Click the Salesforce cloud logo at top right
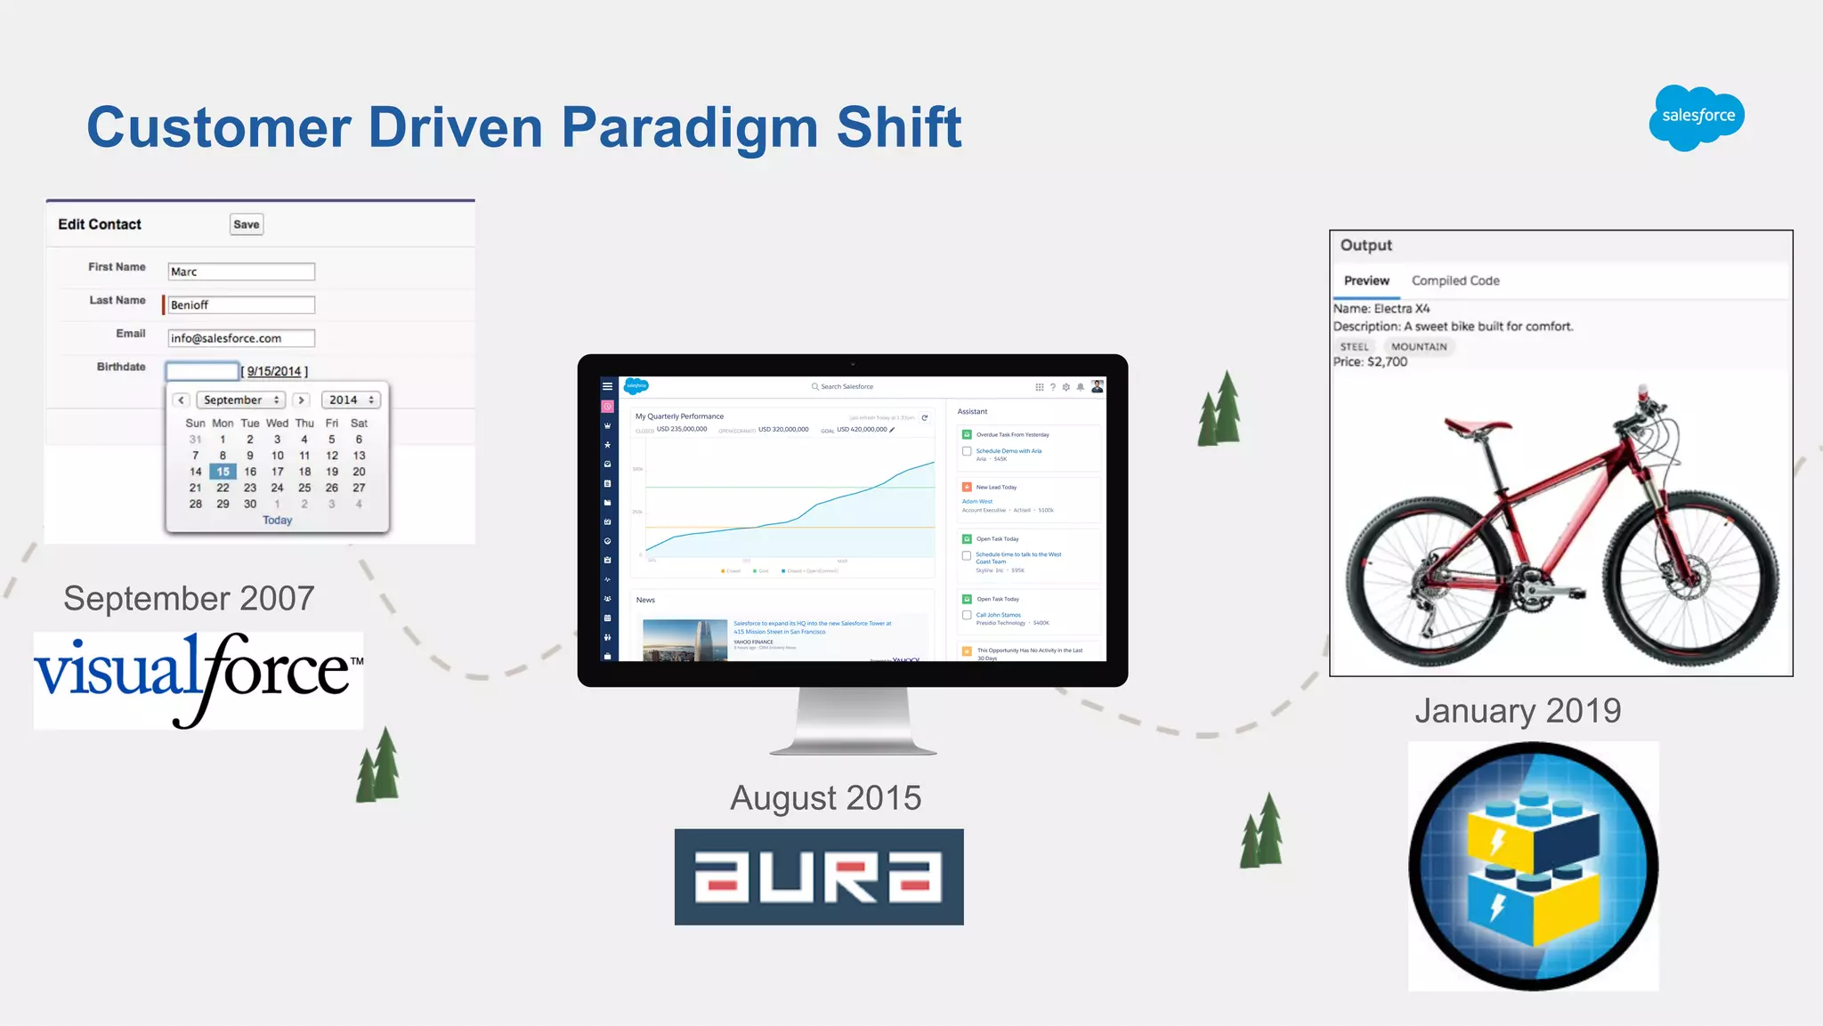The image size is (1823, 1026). click(x=1697, y=117)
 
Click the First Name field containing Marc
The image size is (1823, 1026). click(x=241, y=271)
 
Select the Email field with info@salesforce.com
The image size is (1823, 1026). click(x=241, y=338)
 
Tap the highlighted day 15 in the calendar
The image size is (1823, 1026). click(x=223, y=472)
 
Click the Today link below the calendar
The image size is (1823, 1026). click(x=277, y=521)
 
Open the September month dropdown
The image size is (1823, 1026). click(x=240, y=400)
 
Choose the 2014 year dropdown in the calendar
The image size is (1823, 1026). click(x=351, y=400)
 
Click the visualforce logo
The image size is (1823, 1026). click(x=199, y=679)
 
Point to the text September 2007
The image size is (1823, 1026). click(x=189, y=598)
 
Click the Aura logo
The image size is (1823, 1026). click(x=819, y=877)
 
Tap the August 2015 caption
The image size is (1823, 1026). click(x=825, y=798)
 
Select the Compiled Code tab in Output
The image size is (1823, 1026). click(x=1455, y=281)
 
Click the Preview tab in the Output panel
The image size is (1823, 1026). click(x=1366, y=281)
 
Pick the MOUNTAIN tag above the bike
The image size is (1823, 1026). click(x=1419, y=347)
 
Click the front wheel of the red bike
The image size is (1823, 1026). click(x=1696, y=583)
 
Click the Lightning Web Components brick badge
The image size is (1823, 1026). click(x=1533, y=866)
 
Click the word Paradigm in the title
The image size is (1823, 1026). click(x=690, y=127)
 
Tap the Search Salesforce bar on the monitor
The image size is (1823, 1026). click(x=847, y=387)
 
